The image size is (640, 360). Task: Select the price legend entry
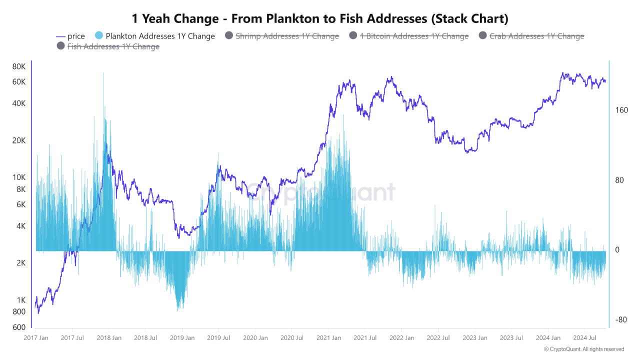(70, 36)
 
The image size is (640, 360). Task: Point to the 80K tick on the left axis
(19, 67)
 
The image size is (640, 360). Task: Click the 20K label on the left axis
(19, 140)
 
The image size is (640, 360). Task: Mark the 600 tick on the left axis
(18, 327)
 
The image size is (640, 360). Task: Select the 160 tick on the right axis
(621, 110)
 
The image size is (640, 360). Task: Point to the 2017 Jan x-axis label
(36, 338)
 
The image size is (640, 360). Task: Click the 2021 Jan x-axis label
(328, 338)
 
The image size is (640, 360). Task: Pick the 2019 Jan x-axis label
(182, 338)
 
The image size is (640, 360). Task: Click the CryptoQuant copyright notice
(583, 349)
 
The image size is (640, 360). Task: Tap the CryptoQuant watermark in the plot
(320, 192)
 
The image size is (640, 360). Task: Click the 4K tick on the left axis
(19, 226)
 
